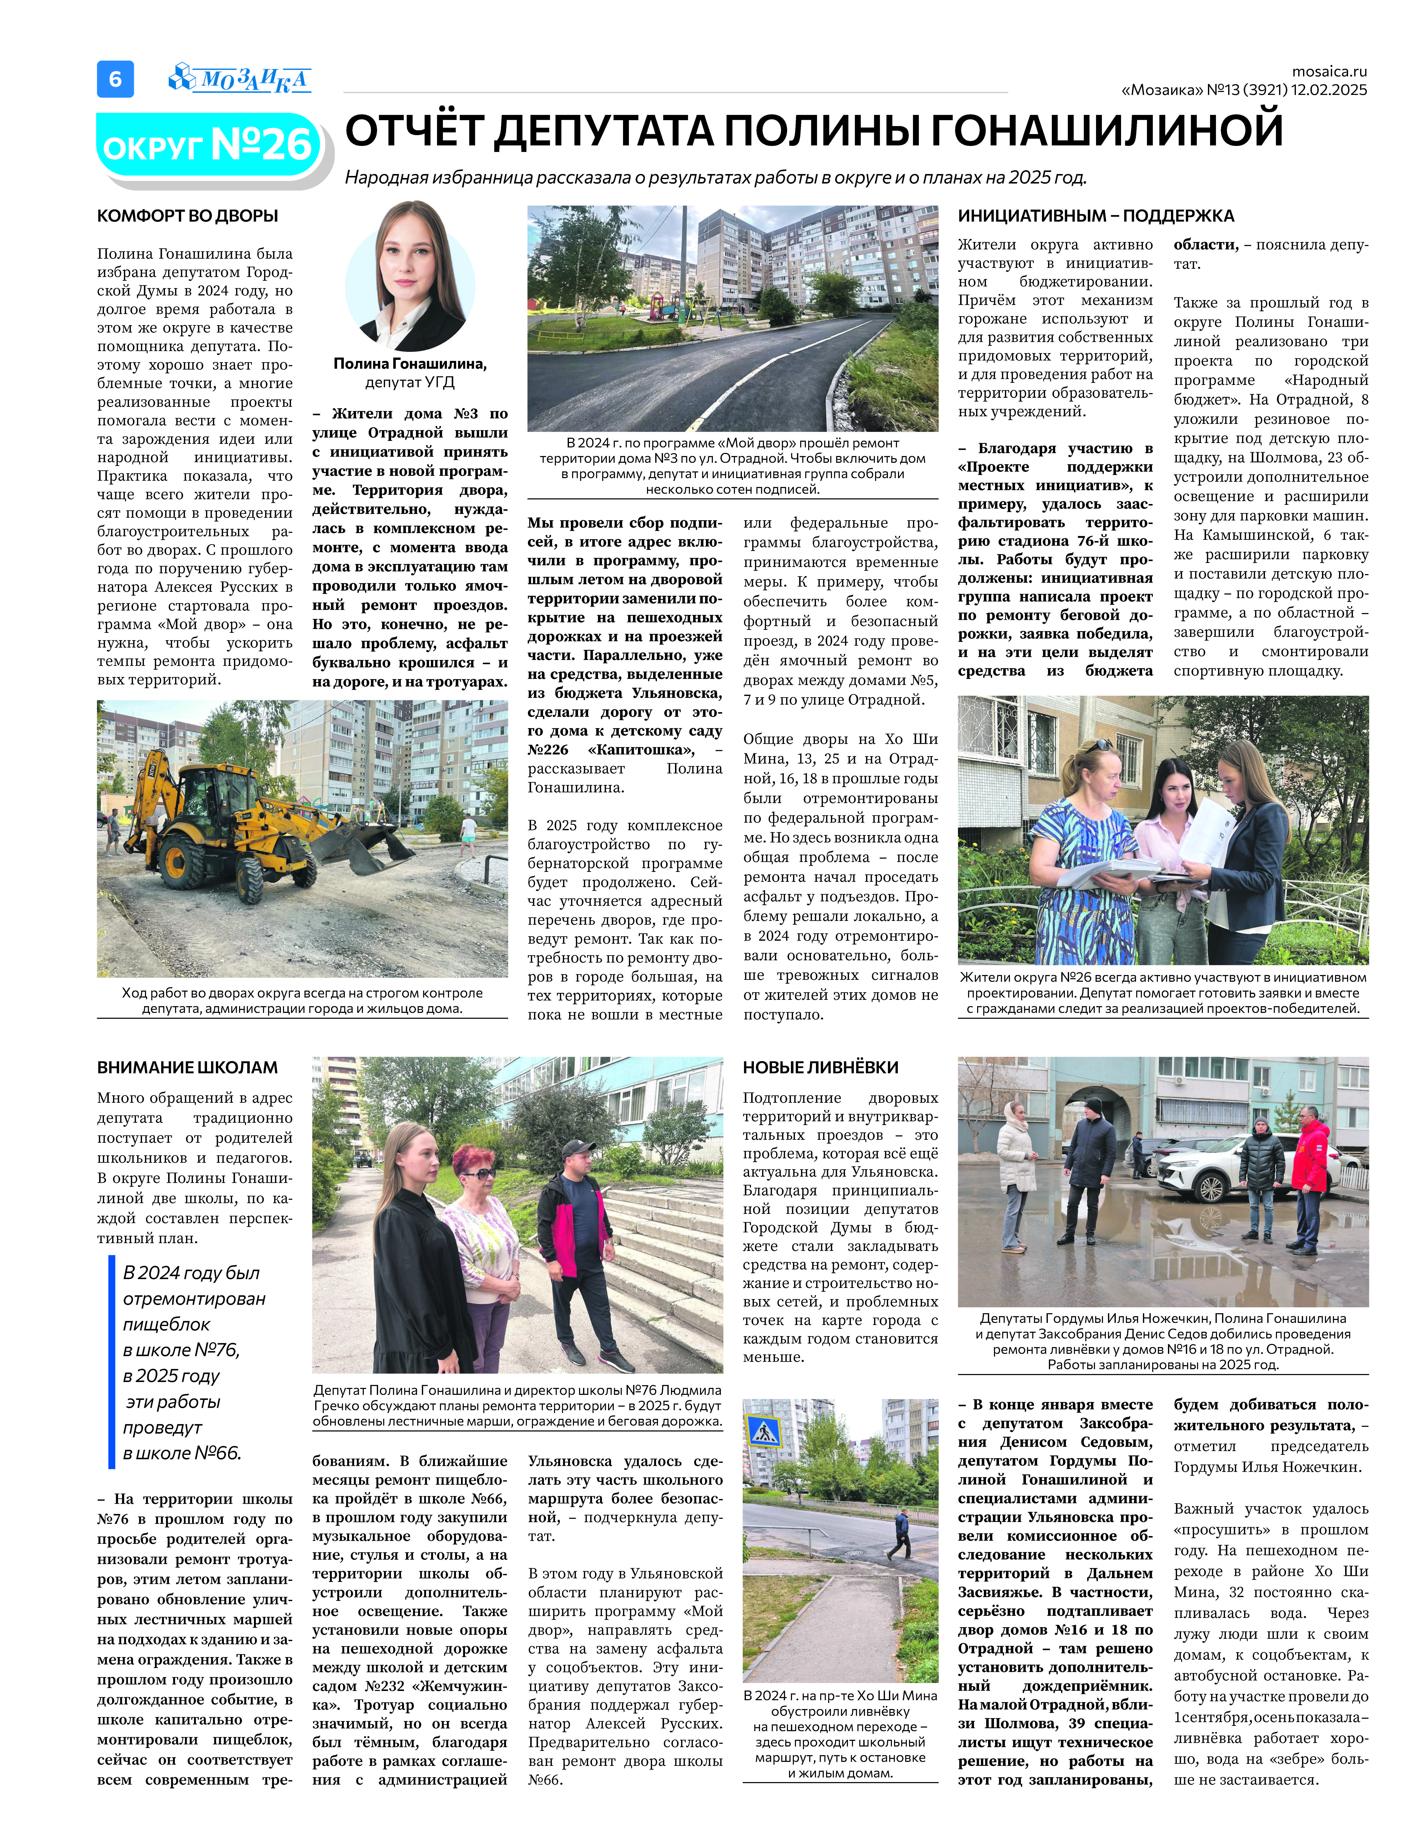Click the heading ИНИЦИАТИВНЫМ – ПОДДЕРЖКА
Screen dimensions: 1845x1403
coord(1096,215)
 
